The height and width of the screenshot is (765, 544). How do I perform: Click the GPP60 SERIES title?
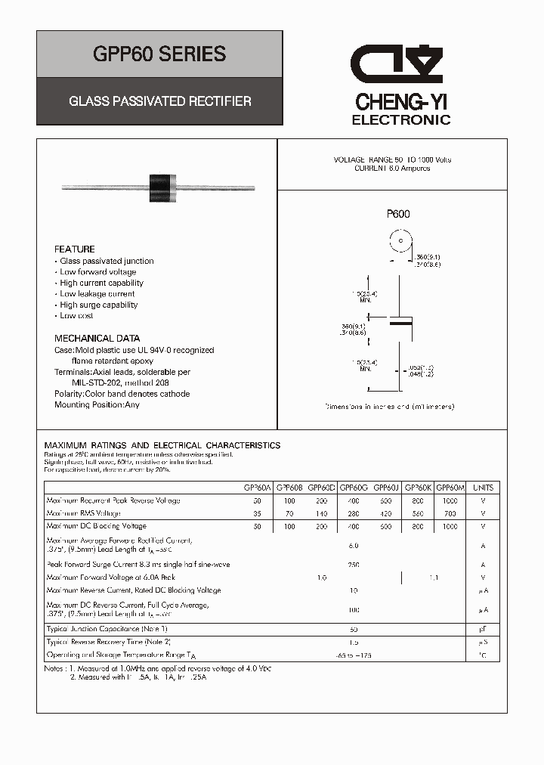[159, 54]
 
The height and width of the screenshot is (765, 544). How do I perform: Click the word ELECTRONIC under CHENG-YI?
[401, 120]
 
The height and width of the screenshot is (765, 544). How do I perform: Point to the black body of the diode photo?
[162, 184]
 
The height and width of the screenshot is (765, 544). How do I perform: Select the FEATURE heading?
[75, 249]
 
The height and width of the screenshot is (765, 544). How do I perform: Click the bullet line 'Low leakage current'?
[97, 294]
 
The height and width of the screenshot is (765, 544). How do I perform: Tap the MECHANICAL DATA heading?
[97, 339]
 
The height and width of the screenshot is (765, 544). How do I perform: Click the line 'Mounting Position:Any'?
[97, 405]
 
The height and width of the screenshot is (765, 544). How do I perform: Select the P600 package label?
[398, 214]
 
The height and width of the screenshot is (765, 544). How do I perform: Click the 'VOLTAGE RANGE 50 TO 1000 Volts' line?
[392, 160]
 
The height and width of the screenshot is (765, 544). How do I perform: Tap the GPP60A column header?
[258, 488]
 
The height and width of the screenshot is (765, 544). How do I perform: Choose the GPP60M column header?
[451, 488]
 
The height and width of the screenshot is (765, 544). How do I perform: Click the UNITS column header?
[484, 488]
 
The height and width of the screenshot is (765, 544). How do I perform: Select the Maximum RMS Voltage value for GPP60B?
[289, 513]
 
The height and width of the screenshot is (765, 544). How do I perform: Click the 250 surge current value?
[354, 565]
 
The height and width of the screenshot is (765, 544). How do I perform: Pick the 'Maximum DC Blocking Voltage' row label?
[97, 526]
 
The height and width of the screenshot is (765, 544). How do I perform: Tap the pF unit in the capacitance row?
[484, 629]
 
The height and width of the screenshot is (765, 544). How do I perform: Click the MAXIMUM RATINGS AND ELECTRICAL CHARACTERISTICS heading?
[162, 445]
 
